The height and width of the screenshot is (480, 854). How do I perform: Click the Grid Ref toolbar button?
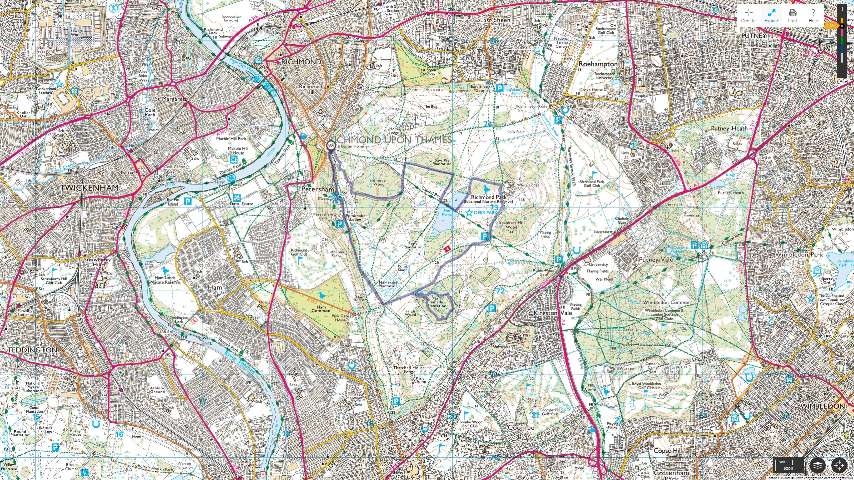coord(749,15)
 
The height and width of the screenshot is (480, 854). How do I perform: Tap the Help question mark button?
coord(813,15)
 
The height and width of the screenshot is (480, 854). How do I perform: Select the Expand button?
coord(772,15)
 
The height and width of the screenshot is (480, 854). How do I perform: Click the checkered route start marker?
coord(331,145)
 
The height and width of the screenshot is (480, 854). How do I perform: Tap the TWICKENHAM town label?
coord(89,188)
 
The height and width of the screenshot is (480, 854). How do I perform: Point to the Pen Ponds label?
coord(447,212)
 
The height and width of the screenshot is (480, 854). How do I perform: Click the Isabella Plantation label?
coord(436,304)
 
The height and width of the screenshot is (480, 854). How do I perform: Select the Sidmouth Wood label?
coord(379,182)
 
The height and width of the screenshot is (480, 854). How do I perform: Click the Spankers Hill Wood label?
coord(512,225)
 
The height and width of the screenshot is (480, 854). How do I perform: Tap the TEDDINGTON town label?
coord(32,350)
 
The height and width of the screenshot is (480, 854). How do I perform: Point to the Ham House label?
coord(242,204)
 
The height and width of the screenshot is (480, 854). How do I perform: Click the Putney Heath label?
coord(729,128)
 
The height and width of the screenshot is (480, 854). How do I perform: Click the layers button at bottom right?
coord(817,465)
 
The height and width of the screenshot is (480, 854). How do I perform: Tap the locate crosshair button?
coord(839,465)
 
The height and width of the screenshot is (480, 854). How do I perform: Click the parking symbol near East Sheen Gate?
coord(499,88)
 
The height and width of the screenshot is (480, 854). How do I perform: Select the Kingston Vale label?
coord(553,313)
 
